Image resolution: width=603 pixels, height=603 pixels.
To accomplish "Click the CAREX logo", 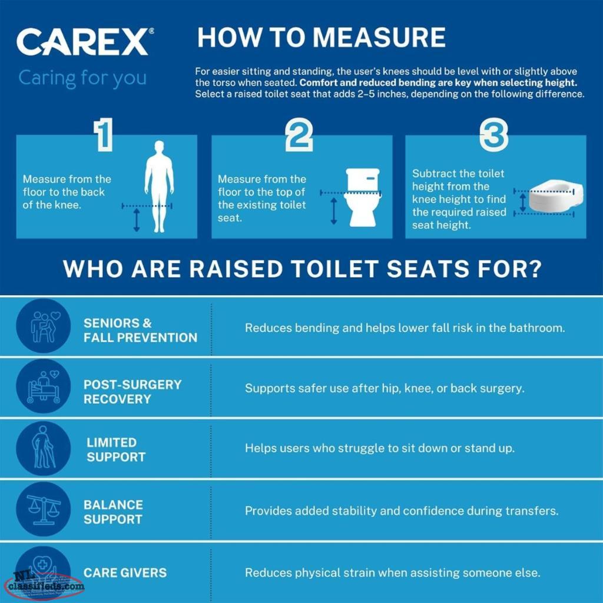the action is point(85,41).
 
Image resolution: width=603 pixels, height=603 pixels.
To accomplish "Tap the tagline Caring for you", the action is point(82,78).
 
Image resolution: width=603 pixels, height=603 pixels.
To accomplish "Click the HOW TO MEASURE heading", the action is point(321,37).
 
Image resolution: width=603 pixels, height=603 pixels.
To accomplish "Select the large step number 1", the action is point(104,134).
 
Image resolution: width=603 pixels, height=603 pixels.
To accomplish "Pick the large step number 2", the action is point(299,134).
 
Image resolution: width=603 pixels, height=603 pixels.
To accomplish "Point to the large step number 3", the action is point(494,134).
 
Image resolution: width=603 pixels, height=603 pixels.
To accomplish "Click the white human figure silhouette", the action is point(159,187).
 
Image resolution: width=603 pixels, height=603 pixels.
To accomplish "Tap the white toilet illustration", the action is point(362,197).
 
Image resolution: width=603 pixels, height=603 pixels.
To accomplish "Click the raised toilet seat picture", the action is point(556,197).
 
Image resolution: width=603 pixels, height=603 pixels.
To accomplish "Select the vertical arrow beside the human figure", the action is point(137,220).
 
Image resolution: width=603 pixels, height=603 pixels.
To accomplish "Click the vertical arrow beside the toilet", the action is point(334,211).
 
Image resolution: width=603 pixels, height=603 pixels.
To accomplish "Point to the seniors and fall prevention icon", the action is point(44,326).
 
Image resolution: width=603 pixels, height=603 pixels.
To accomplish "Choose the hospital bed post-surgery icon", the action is point(44,386).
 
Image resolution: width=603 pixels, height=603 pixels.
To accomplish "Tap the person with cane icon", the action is point(44,448).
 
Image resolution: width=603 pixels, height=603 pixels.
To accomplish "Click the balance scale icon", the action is point(44,509).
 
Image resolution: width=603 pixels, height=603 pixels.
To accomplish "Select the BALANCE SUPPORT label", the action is point(114,512).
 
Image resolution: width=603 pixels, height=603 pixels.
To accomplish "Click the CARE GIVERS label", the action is point(125,572).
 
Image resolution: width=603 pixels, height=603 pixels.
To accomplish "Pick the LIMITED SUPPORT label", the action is point(116,449).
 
